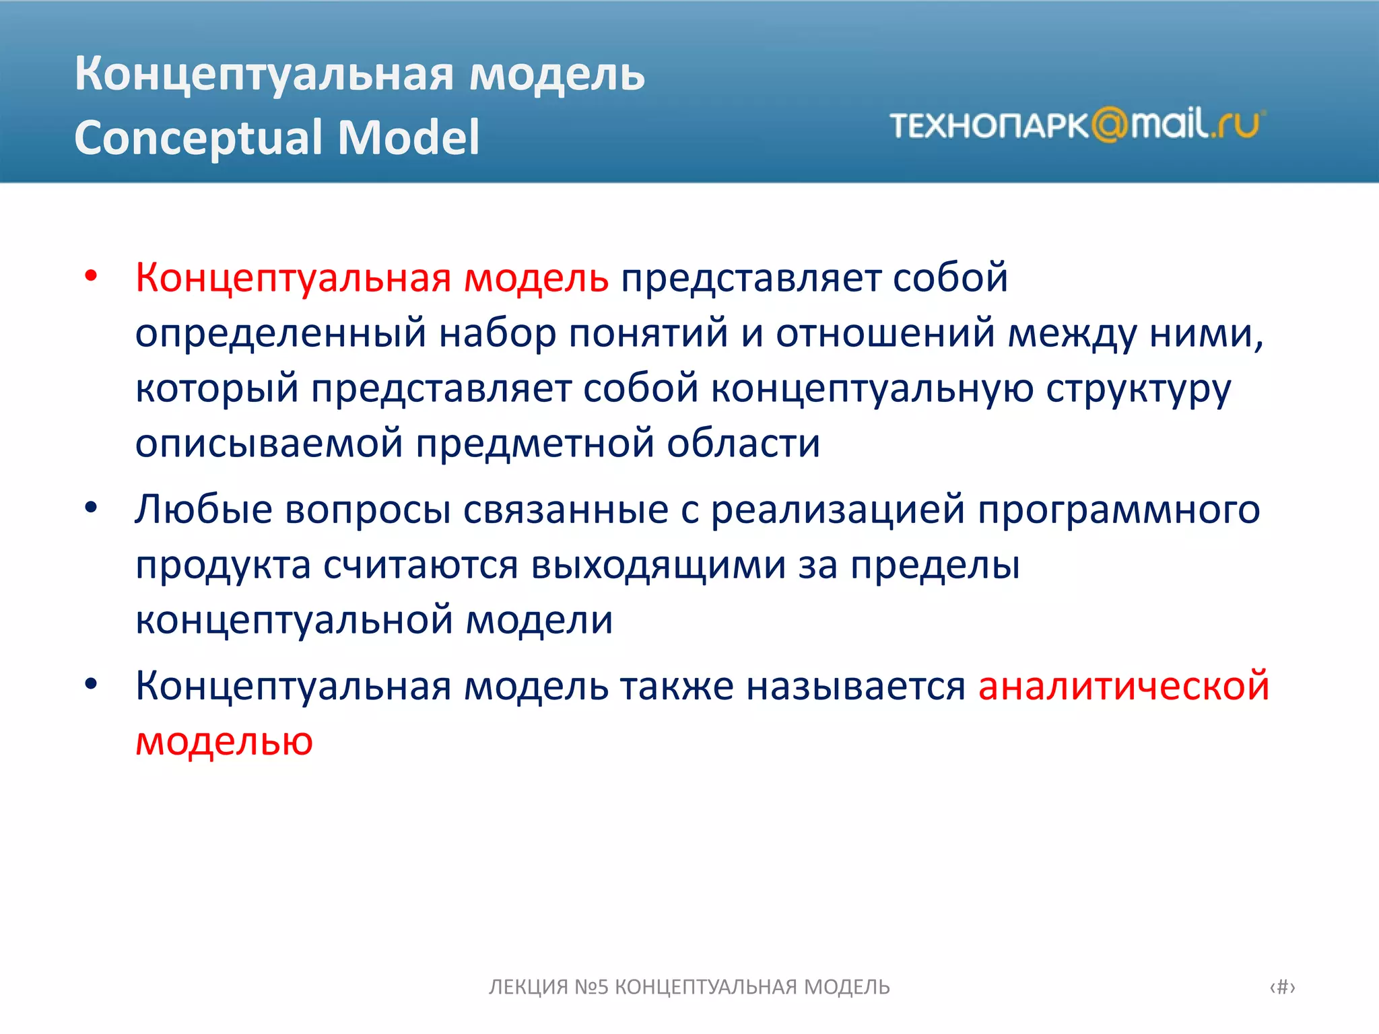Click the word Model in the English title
point(409,137)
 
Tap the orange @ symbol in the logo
point(1109,125)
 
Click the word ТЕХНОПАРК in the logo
point(988,126)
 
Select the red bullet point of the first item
point(92,276)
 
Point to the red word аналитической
point(1123,686)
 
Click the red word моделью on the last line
point(224,741)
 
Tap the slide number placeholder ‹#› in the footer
point(1282,987)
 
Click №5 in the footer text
point(591,987)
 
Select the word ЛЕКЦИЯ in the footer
point(528,987)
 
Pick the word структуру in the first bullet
point(1138,389)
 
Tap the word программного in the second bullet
point(1118,509)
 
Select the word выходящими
point(658,565)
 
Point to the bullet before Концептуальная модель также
point(92,685)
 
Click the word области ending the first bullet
point(743,444)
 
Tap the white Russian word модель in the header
point(557,73)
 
